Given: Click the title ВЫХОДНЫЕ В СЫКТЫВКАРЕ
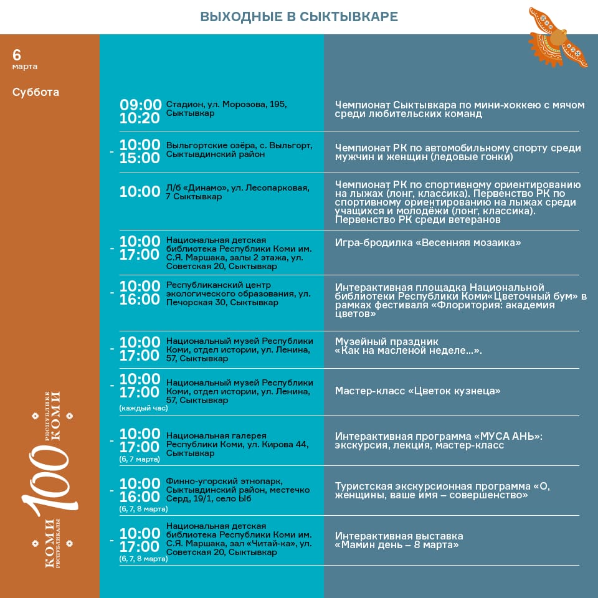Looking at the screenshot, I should pyautogui.click(x=299, y=17).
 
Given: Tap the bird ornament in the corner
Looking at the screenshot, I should pyautogui.click(x=558, y=37).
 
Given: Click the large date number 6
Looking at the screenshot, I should pyautogui.click(x=17, y=54).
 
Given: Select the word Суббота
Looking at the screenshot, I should pyautogui.click(x=36, y=92).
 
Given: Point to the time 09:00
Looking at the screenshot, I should pyautogui.click(x=140, y=105).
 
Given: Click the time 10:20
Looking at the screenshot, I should pyautogui.click(x=140, y=118).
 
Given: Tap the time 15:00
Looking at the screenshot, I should pyautogui.click(x=140, y=158).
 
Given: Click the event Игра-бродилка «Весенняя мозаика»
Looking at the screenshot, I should pyautogui.click(x=427, y=243).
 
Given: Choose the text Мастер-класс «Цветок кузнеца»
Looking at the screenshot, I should pyautogui.click(x=417, y=391).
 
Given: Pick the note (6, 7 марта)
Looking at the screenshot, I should pyautogui.click(x=140, y=459).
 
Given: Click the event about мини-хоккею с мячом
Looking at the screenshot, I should pyautogui.click(x=460, y=110).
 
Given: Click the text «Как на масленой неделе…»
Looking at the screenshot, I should pyautogui.click(x=408, y=351).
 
